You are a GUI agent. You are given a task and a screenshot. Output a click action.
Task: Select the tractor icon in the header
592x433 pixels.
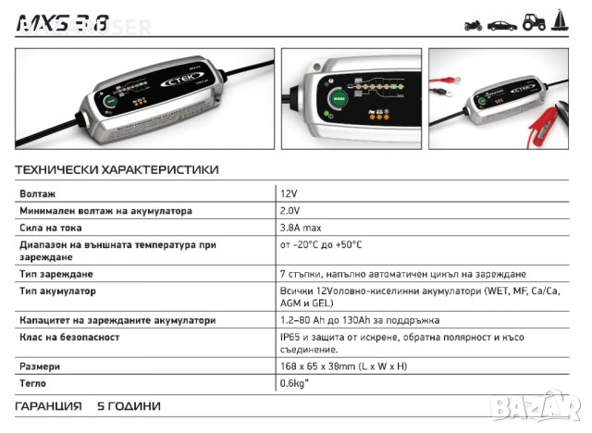click(x=535, y=23)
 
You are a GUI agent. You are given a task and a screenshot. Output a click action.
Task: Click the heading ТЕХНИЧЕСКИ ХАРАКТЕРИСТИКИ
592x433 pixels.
click(x=117, y=169)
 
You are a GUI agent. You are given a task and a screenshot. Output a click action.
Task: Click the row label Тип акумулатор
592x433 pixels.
click(x=57, y=291)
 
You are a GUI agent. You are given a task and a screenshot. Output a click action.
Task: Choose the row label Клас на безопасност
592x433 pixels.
click(x=69, y=337)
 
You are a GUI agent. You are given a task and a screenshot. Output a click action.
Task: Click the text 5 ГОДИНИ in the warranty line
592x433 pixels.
click(x=129, y=406)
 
